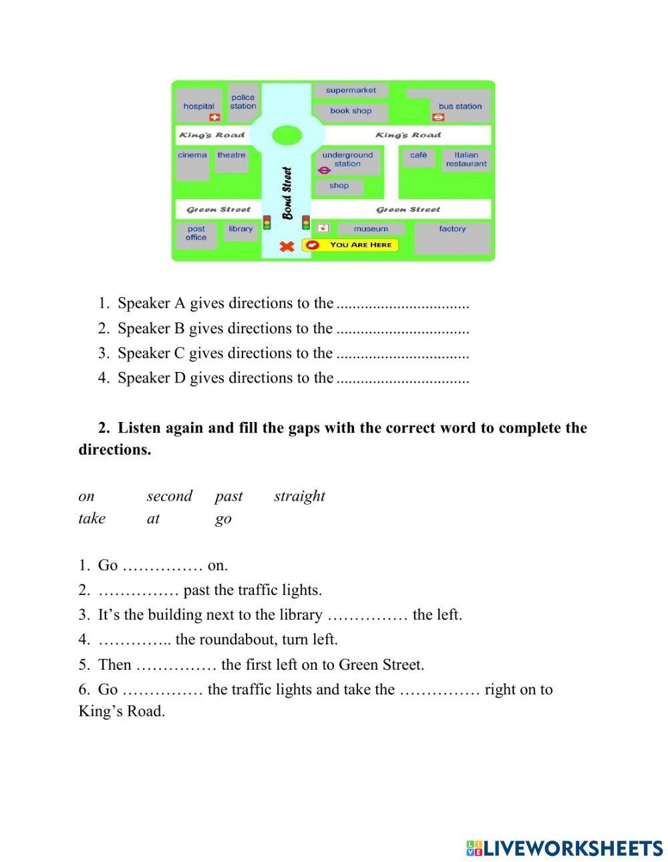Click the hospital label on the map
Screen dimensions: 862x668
click(198, 106)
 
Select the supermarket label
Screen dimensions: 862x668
click(351, 90)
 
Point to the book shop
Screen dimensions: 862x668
click(351, 111)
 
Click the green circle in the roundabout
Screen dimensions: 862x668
click(287, 136)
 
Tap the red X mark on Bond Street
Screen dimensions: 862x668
click(287, 246)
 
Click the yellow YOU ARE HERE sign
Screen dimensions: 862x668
click(351, 245)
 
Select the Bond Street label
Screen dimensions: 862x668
click(287, 193)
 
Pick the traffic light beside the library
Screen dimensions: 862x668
click(267, 222)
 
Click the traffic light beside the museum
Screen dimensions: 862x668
click(306, 222)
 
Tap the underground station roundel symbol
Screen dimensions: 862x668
click(324, 170)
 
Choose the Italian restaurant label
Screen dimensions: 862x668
click(466, 159)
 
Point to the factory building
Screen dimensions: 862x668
click(452, 236)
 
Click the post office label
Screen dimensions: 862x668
click(196, 233)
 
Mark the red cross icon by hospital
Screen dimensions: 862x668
click(214, 118)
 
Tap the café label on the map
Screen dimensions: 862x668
click(419, 155)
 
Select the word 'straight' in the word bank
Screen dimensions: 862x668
click(299, 496)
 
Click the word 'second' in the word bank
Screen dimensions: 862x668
click(169, 496)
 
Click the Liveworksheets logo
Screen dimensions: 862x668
click(564, 848)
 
